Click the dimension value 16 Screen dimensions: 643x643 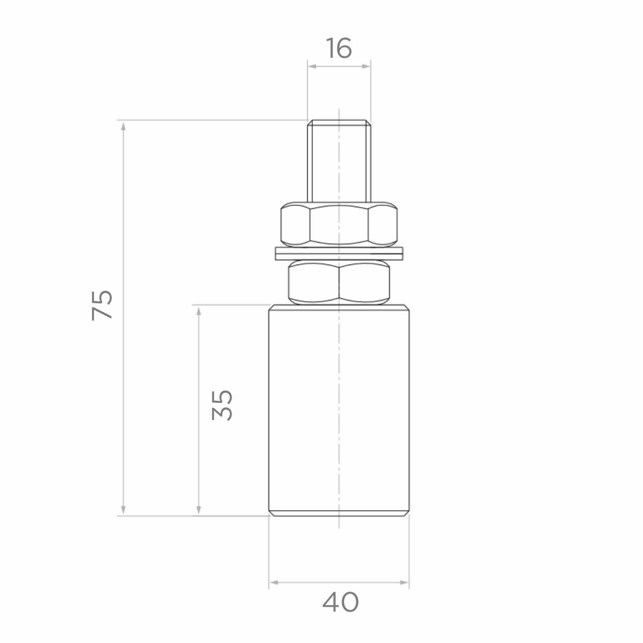338,48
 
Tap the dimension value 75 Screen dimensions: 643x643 102,306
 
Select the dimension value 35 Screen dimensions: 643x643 222,405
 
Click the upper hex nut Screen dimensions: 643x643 339,224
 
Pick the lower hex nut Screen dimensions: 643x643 339,282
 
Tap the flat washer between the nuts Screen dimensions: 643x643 339,253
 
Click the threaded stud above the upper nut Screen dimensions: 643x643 339,161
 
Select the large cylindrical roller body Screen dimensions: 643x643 339,410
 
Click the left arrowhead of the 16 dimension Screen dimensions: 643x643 312,66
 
